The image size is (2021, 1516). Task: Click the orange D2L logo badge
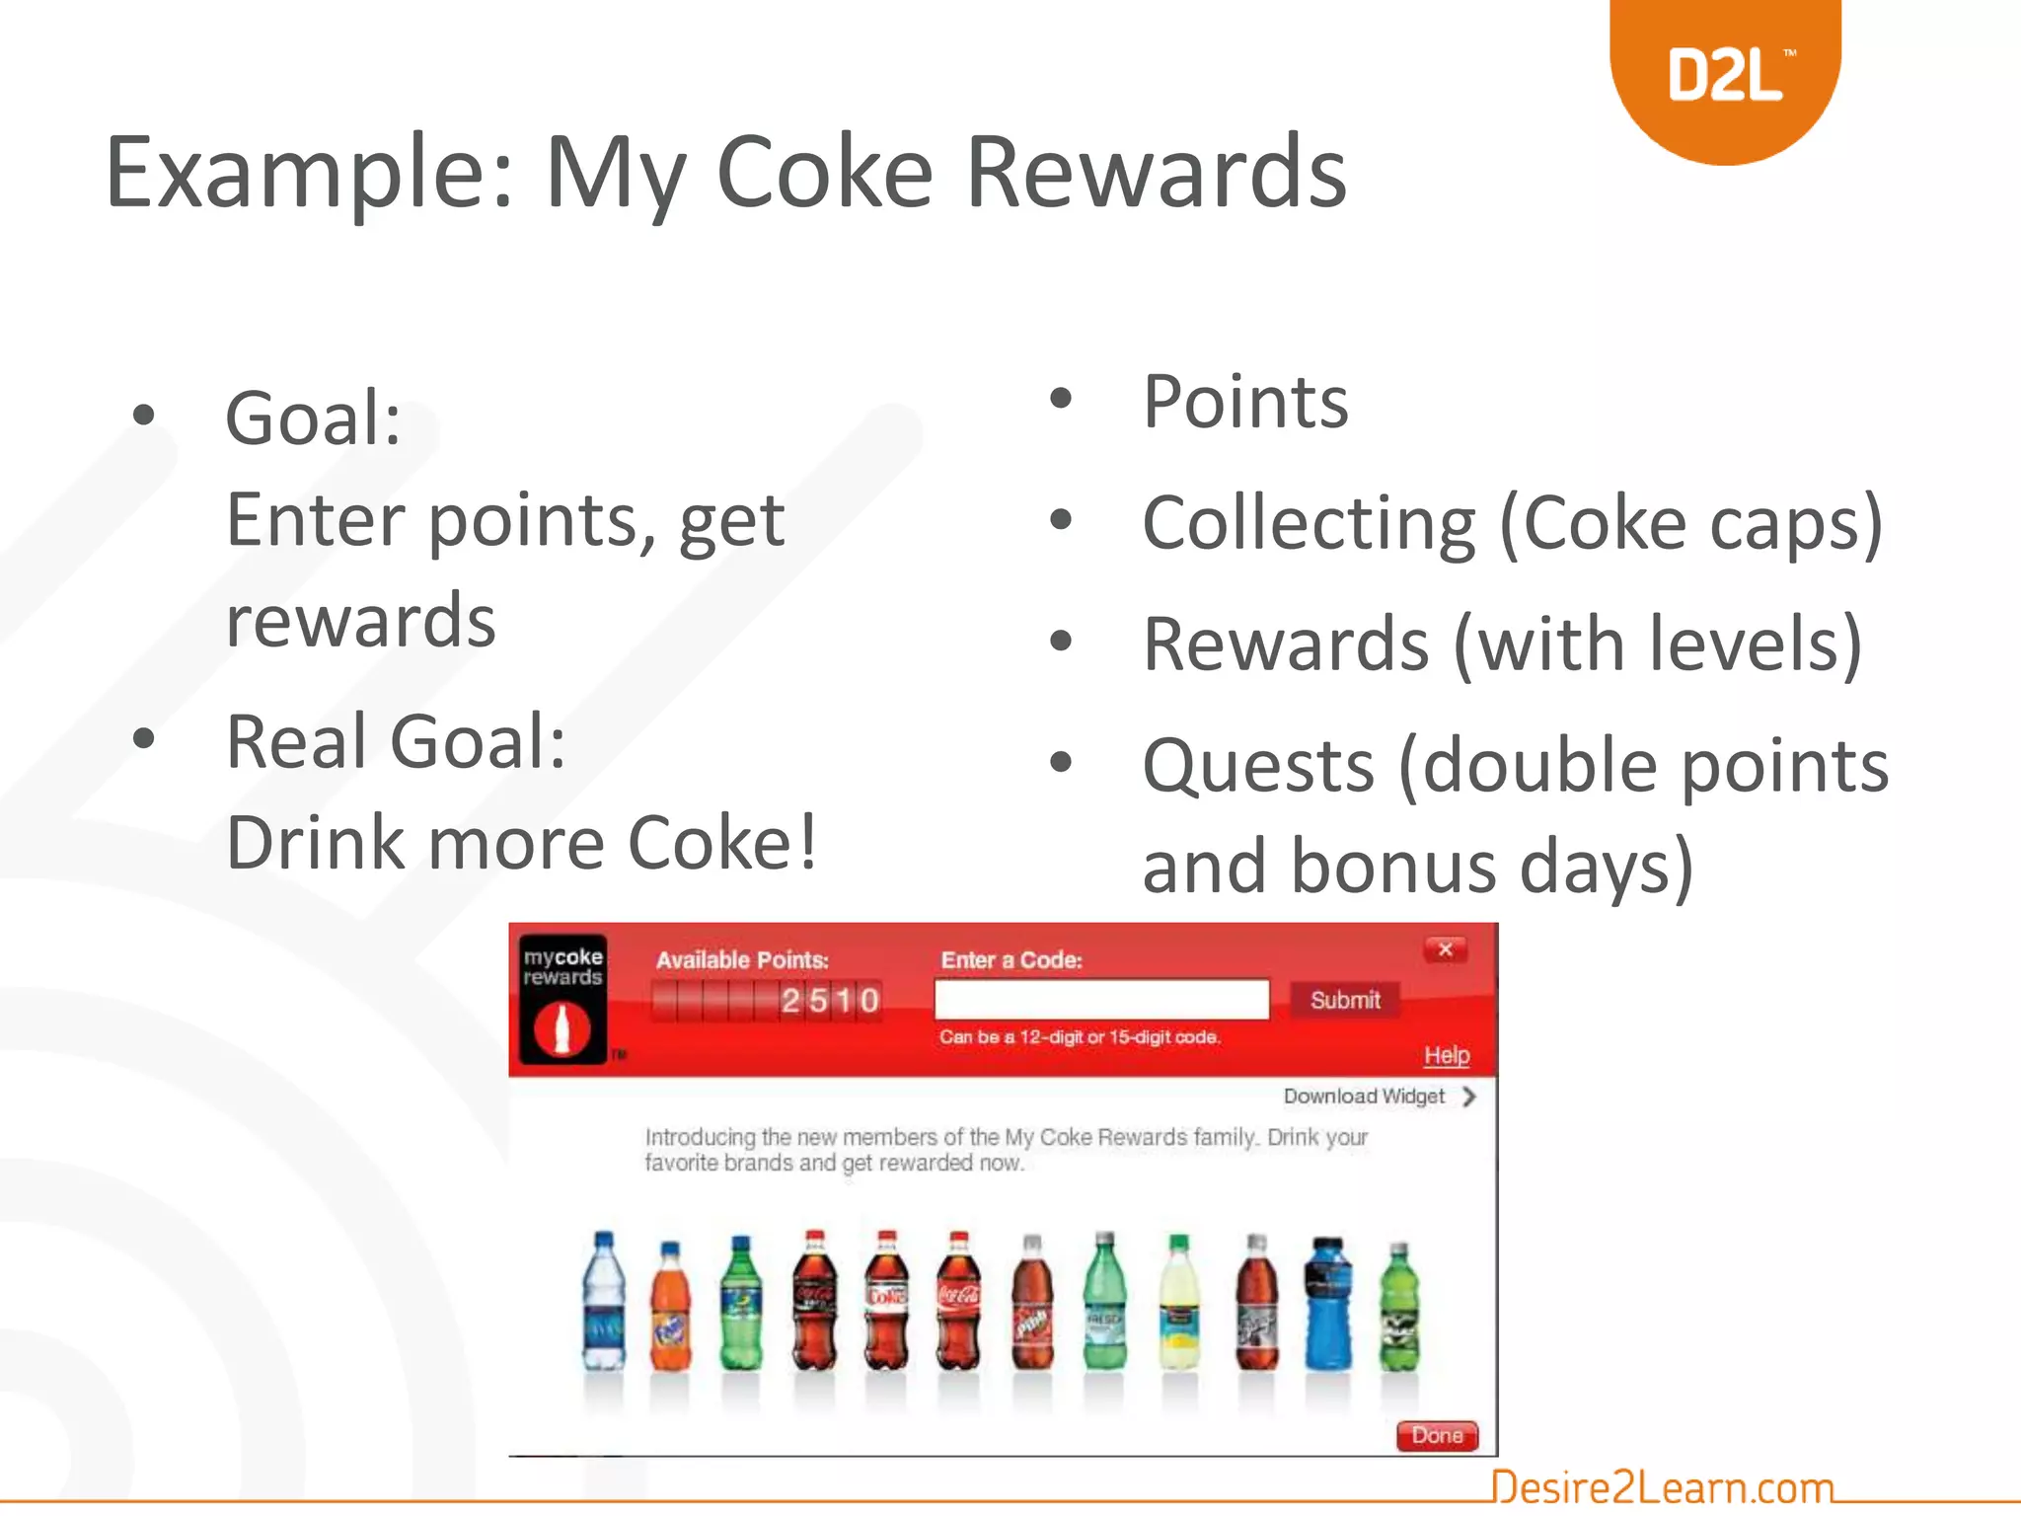tap(1725, 75)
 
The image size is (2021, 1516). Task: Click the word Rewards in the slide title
tap(1156, 173)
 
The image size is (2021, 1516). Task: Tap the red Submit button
tap(1344, 1000)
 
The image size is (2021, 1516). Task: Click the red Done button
tap(1437, 1435)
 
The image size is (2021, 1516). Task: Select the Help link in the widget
tap(1446, 1055)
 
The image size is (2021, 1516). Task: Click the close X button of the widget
tap(1446, 949)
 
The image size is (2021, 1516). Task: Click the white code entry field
tap(1101, 1000)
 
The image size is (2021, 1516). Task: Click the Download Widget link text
tap(1364, 1097)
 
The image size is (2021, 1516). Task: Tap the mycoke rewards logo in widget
tap(562, 999)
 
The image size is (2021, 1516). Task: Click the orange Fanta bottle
tap(671, 1308)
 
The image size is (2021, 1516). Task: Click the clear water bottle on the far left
tap(603, 1303)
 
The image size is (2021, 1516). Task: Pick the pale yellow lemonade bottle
tap(1178, 1305)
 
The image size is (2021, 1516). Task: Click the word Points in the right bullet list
tap(1245, 402)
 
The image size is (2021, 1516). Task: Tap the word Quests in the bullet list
tap(1258, 766)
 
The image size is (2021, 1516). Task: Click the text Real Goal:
tap(396, 741)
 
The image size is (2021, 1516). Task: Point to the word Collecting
tap(1309, 523)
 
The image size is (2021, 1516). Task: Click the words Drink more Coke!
tap(522, 843)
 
